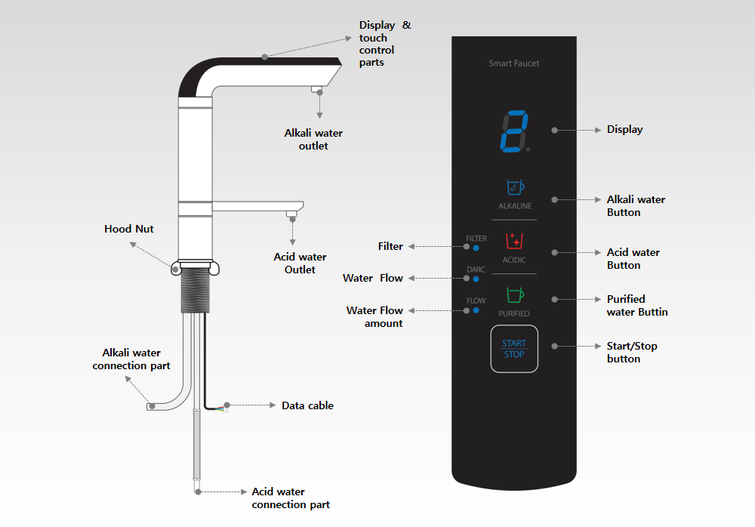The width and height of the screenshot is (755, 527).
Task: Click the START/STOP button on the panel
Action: click(x=514, y=349)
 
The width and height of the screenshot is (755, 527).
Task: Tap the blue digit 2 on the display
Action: click(x=513, y=133)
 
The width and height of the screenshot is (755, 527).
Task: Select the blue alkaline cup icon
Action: click(x=514, y=186)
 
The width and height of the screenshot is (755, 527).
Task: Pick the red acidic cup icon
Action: click(x=514, y=241)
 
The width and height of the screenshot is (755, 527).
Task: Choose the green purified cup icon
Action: click(x=514, y=294)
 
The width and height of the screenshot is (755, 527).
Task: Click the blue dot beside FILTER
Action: click(x=476, y=247)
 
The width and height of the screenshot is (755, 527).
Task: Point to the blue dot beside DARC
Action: click(x=476, y=278)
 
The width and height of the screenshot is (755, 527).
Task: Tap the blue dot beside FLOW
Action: click(x=476, y=310)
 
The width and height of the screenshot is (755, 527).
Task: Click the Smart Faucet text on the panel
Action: click(x=514, y=63)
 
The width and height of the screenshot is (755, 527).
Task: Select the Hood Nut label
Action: click(x=128, y=229)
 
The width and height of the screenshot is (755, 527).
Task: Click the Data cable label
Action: click(x=307, y=405)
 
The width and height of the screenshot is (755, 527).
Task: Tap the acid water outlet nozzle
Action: click(x=291, y=215)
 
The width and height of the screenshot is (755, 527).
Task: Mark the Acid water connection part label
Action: click(x=291, y=498)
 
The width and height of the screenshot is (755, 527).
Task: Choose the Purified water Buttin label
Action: click(x=636, y=305)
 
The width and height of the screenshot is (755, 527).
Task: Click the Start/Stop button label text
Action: click(x=632, y=352)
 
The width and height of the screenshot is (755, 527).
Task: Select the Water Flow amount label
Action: click(x=375, y=316)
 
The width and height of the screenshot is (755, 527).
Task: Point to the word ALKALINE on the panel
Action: click(x=515, y=206)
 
